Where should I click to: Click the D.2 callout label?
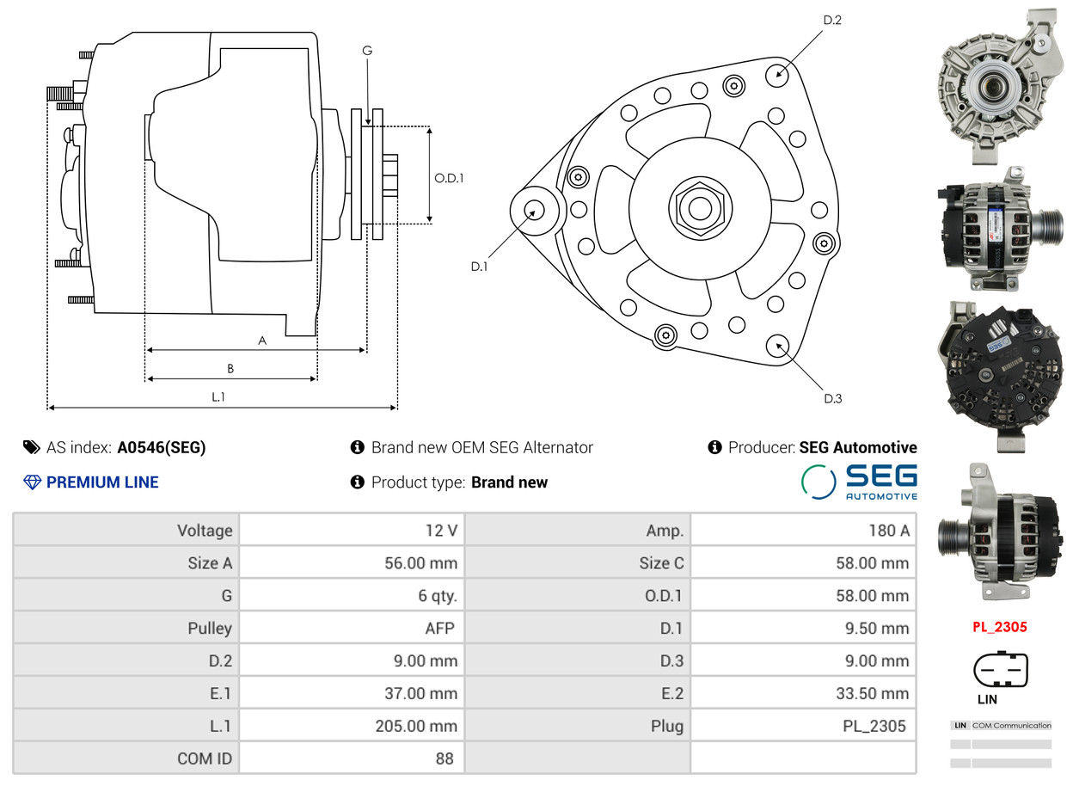tap(832, 20)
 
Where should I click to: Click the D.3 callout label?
tap(832, 398)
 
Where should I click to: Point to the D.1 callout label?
tap(479, 267)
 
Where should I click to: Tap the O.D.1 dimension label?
tap(449, 178)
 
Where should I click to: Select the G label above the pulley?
tap(367, 50)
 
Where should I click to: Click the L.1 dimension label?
tap(218, 396)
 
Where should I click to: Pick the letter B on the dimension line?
tap(230, 368)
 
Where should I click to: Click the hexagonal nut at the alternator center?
tap(700, 208)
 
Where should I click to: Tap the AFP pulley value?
tap(439, 628)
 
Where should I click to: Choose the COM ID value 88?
tap(444, 758)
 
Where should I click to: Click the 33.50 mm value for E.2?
tap(873, 693)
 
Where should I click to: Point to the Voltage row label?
tap(205, 531)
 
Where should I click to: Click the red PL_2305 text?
tap(1000, 627)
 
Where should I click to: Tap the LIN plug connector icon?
tap(1001, 669)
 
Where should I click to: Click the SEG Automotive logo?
tap(860, 482)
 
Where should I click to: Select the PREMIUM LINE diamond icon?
tap(32, 482)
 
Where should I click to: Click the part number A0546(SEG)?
tap(162, 447)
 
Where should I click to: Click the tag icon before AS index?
tap(32, 447)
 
